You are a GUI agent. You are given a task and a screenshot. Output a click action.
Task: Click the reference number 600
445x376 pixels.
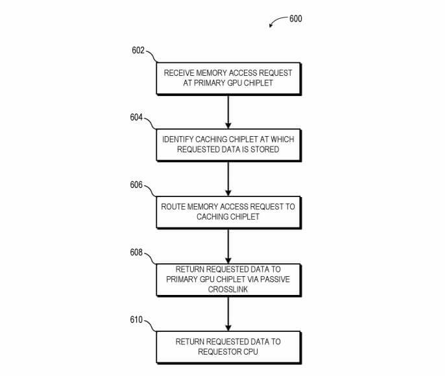point(295,18)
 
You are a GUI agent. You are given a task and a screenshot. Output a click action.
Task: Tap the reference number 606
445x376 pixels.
point(137,185)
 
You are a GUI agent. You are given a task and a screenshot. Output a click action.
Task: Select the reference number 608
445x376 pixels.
point(137,252)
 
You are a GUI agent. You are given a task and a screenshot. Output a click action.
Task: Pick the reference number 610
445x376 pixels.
point(137,320)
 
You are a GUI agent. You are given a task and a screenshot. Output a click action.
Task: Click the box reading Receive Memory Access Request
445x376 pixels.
point(228,78)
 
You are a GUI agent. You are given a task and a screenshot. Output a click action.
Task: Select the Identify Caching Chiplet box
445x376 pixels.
point(228,145)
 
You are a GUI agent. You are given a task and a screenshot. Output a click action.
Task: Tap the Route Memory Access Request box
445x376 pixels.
point(228,212)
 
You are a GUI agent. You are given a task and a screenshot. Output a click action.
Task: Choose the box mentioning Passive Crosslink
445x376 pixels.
point(228,279)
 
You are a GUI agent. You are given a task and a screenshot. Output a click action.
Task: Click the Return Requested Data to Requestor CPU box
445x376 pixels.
point(228,347)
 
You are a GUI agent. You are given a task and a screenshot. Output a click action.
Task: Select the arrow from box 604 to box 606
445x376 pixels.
point(228,178)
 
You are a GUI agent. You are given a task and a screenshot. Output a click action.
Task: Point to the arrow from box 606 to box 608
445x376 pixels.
point(228,246)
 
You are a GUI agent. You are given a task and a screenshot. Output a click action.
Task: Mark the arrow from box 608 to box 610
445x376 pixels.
point(228,313)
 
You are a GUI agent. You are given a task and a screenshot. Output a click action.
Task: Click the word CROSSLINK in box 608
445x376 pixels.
point(228,289)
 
